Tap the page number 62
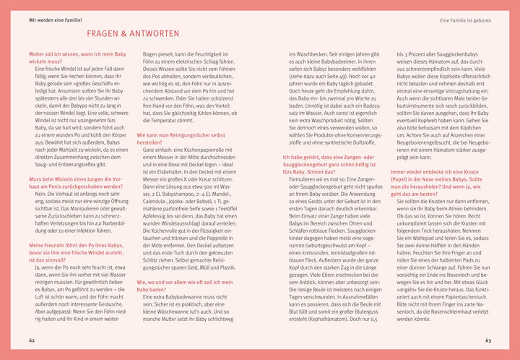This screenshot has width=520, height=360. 31,340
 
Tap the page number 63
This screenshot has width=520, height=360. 488,340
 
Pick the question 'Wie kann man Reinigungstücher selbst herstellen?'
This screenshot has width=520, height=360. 181,138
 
